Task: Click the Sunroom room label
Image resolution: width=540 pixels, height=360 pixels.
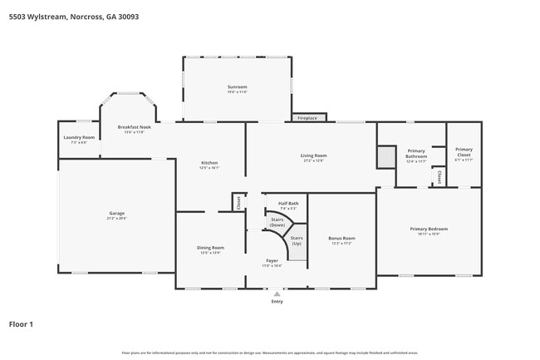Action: pos(238,89)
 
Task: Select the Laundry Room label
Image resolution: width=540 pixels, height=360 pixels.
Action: pos(79,140)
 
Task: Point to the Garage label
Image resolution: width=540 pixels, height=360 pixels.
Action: pos(116,215)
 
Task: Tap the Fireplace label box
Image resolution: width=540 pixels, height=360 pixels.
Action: pos(307,118)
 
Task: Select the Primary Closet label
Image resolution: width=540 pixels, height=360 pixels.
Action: pos(464,153)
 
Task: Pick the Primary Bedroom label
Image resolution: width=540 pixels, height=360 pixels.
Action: pos(429,231)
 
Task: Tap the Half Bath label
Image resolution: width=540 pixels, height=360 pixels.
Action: pos(288,205)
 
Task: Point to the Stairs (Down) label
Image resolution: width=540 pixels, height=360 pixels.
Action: pos(277,223)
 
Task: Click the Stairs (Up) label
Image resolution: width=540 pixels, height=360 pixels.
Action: pos(297,240)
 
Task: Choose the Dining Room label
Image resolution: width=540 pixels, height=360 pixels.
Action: pos(210,249)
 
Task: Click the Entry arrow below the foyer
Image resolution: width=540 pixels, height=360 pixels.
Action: pos(277,293)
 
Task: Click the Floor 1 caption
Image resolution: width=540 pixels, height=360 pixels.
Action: pos(21,323)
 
